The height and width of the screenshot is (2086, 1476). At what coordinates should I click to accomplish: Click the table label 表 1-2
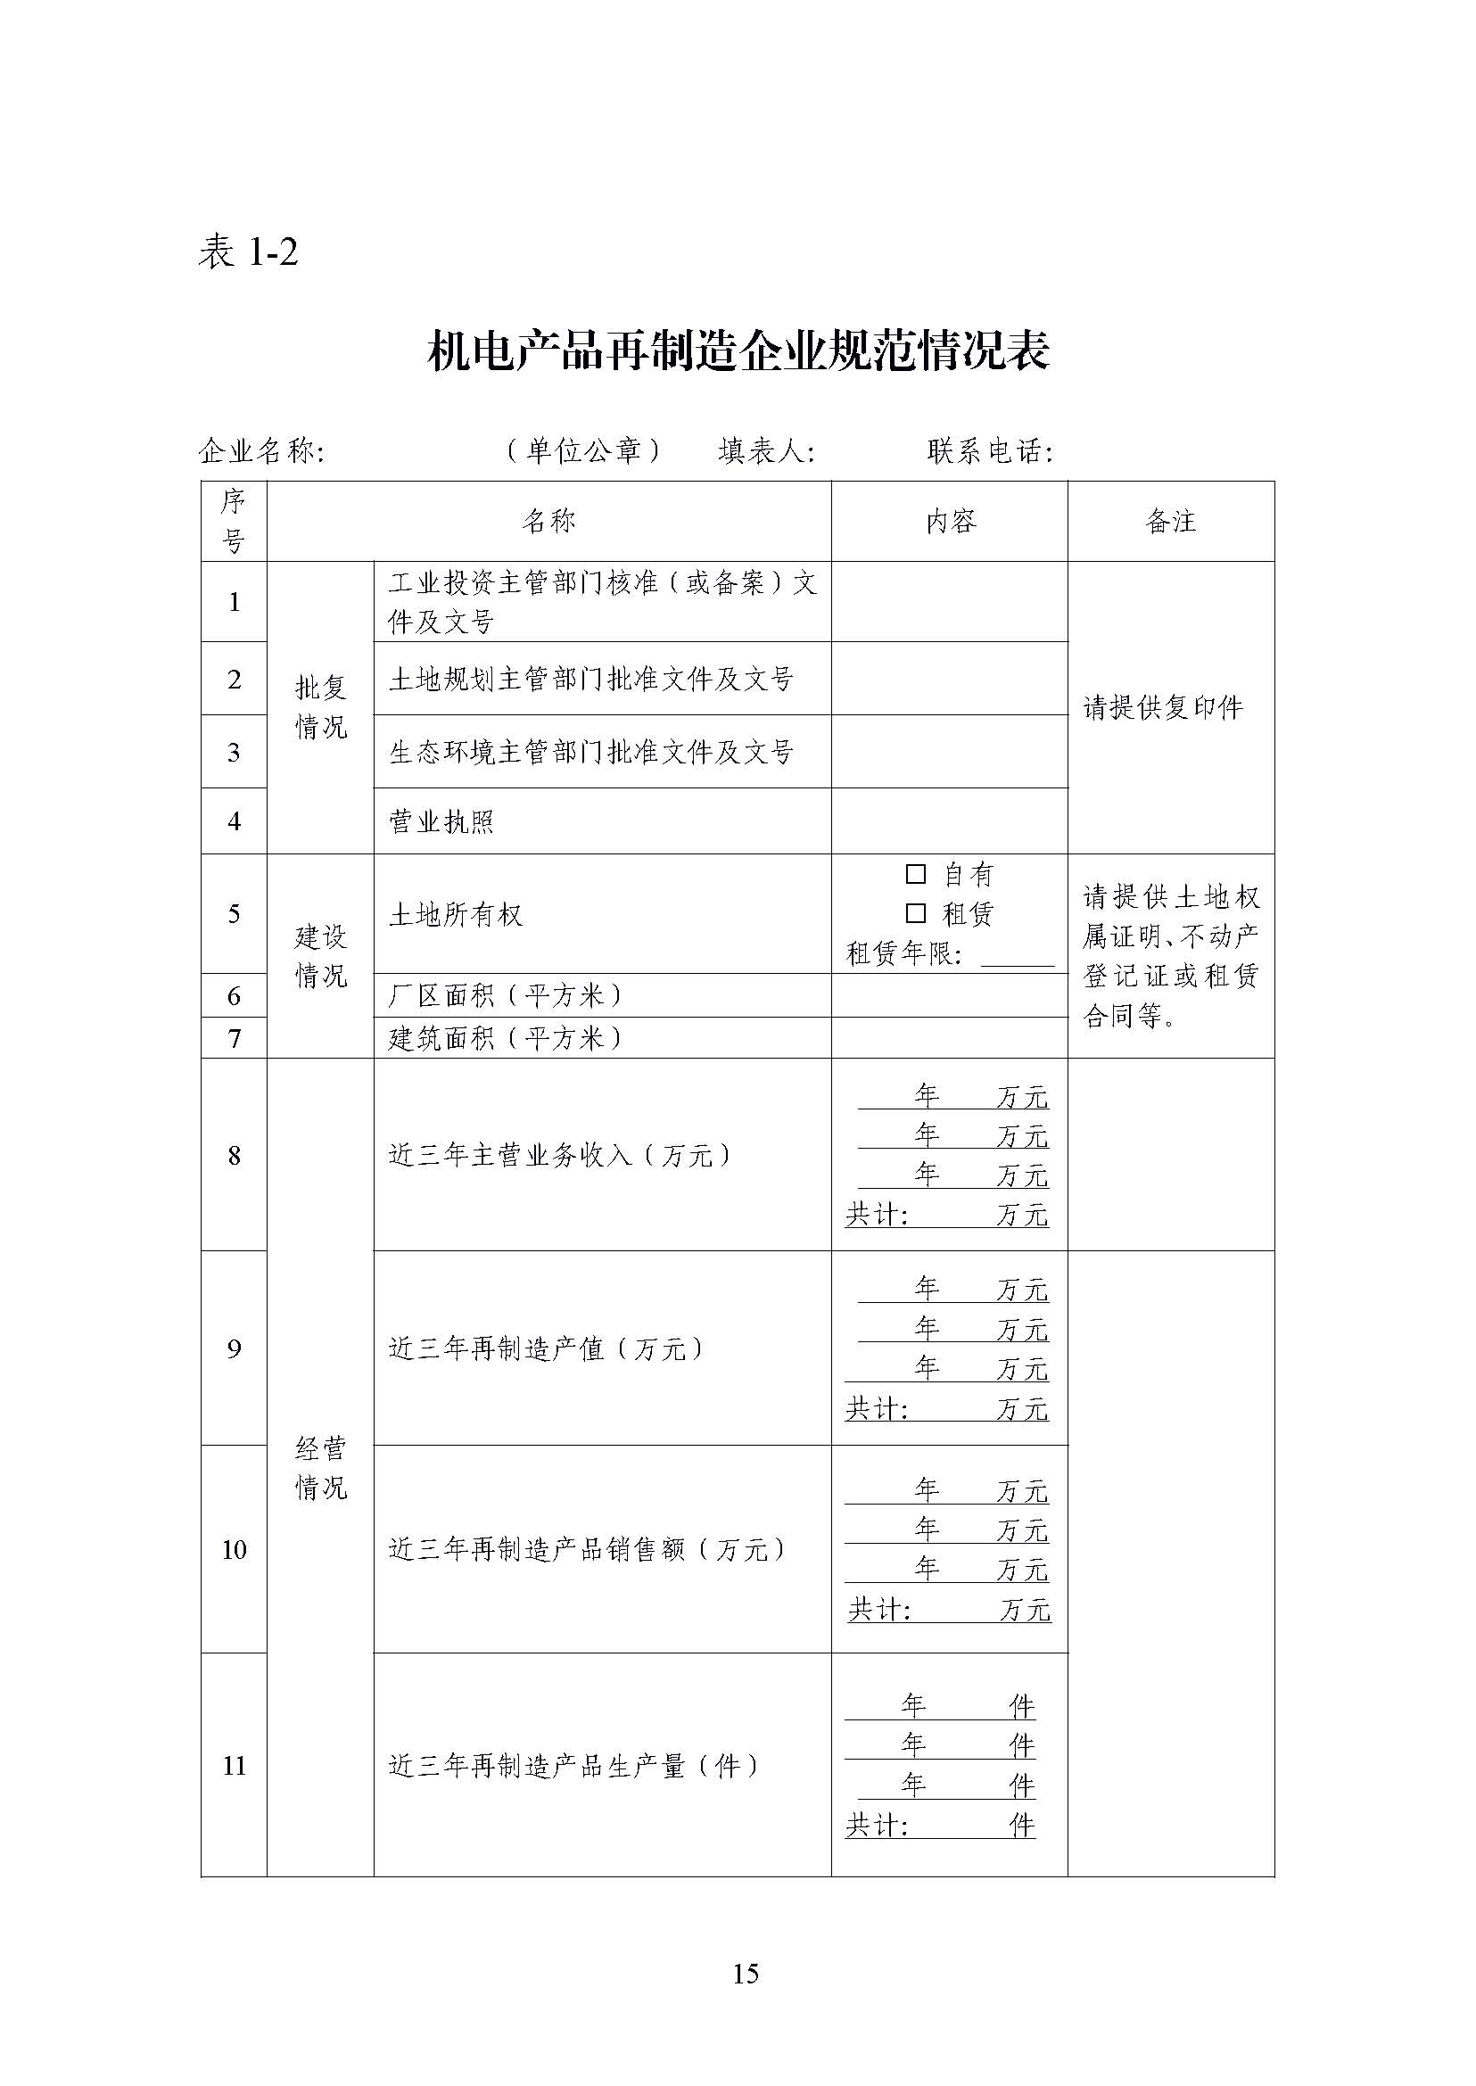pyautogui.click(x=247, y=251)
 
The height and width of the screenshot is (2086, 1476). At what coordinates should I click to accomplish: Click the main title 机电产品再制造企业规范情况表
pyautogui.click(x=738, y=350)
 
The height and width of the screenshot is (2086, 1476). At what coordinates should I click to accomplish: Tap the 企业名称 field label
pyautogui.click(x=261, y=451)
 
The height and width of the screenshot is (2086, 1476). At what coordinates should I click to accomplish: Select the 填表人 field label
pyautogui.click(x=765, y=451)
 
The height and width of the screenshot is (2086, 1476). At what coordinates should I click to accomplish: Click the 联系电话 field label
pyautogui.click(x=989, y=451)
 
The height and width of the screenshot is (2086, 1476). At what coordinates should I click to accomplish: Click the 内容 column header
pyautogui.click(x=950, y=521)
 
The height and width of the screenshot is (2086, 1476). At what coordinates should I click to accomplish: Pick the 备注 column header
pyautogui.click(x=1171, y=521)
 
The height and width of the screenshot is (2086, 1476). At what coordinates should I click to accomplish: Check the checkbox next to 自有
pyautogui.click(x=915, y=874)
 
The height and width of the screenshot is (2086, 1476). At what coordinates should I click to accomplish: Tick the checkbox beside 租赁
pyautogui.click(x=915, y=913)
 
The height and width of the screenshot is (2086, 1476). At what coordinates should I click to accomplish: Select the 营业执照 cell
pyautogui.click(x=441, y=821)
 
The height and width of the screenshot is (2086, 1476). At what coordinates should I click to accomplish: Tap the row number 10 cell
pyautogui.click(x=234, y=1549)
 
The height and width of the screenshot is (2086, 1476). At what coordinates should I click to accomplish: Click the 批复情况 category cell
pyautogui.click(x=321, y=707)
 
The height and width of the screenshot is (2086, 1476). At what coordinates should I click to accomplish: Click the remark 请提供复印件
pyautogui.click(x=1162, y=708)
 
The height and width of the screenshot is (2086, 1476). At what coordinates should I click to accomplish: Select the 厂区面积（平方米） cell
pyautogui.click(x=506, y=996)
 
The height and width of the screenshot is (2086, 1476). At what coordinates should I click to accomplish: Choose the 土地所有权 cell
pyautogui.click(x=457, y=914)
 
